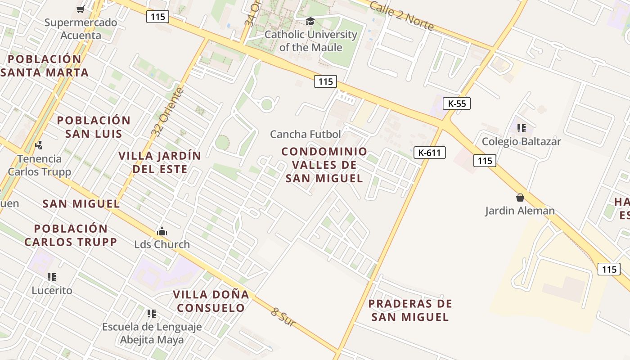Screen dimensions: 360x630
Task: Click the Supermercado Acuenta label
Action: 81,29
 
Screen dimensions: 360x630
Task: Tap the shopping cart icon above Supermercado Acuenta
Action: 81,9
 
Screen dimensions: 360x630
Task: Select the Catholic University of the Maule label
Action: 310,41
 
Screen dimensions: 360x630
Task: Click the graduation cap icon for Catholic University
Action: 310,21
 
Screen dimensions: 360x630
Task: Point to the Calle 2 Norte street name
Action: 401,16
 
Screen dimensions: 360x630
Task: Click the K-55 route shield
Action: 457,103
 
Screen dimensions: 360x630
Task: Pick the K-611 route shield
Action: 429,153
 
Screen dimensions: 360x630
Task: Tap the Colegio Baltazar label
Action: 521,142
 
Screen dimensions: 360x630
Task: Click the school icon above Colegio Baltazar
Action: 522,128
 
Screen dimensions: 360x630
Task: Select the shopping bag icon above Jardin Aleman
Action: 520,198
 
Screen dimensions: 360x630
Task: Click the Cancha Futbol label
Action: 306,134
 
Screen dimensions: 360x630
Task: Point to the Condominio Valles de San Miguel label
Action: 324,165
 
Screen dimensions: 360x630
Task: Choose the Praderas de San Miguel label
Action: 410,310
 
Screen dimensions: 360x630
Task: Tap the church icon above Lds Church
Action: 162,232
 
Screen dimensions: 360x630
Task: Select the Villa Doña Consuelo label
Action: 211,301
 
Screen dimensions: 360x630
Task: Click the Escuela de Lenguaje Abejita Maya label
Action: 152,333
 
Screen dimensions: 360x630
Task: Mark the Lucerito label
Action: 52,290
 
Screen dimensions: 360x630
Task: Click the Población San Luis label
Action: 94,127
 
